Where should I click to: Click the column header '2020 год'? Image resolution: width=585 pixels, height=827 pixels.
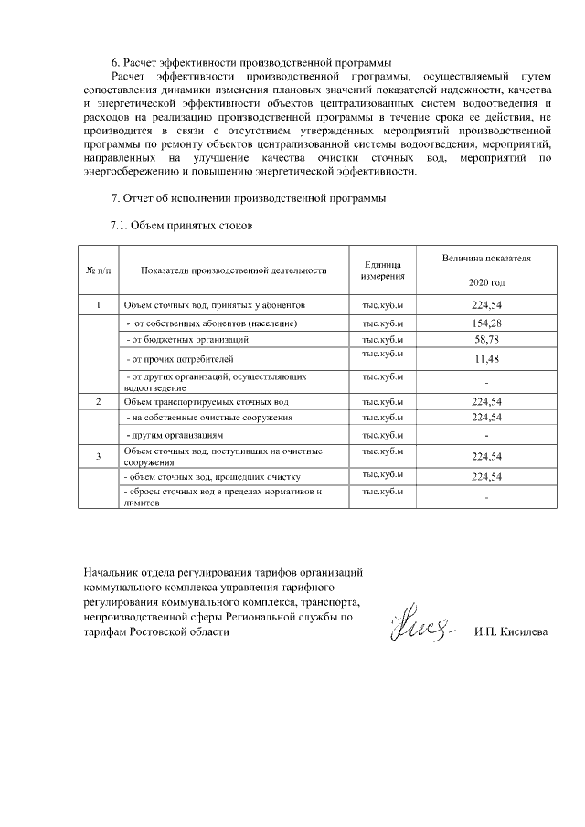point(486,282)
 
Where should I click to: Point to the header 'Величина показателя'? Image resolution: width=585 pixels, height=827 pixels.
point(486,259)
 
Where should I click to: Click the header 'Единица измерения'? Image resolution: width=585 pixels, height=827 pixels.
point(382,270)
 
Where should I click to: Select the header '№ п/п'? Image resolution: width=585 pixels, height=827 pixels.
point(98,270)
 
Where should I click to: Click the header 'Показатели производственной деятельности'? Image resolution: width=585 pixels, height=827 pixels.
point(234,270)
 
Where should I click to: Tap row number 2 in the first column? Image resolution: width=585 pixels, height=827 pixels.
point(98,401)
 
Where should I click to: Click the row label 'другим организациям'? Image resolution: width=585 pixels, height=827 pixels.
point(173,436)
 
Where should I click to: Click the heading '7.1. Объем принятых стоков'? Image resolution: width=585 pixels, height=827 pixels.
point(180,224)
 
